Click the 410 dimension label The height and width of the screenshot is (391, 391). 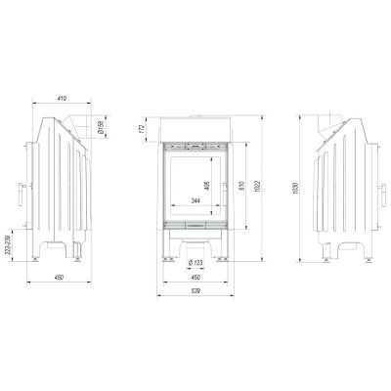[x=62, y=98]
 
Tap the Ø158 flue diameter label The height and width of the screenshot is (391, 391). [x=101, y=127]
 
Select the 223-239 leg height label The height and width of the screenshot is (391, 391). [x=9, y=244]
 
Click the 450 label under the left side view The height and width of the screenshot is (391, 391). [x=59, y=278]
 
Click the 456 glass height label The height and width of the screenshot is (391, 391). [x=207, y=186]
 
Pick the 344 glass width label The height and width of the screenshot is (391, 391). [x=195, y=201]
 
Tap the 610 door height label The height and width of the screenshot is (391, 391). [x=241, y=186]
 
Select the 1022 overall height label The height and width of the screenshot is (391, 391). [x=257, y=186]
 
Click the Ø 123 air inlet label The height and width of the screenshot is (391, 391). [x=195, y=262]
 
